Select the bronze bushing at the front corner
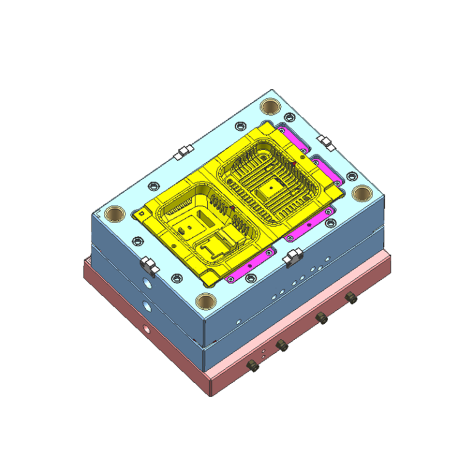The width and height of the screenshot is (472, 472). [205, 301]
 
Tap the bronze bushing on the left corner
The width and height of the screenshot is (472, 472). [114, 214]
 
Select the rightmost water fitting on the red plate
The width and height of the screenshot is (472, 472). [352, 298]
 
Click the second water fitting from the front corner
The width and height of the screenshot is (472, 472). [281, 345]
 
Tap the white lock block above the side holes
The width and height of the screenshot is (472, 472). [147, 264]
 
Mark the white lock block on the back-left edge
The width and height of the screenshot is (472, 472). [182, 151]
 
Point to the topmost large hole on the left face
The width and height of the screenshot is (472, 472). [146, 284]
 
